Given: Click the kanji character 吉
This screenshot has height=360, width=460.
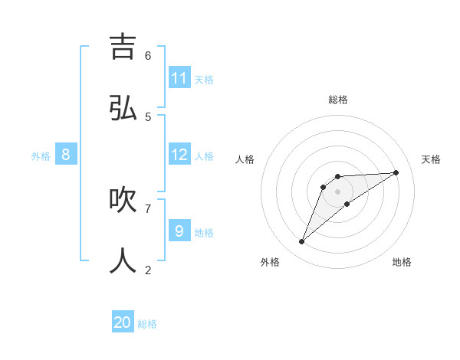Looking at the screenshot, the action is (x=123, y=47).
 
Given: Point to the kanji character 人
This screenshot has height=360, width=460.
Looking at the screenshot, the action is (x=123, y=260).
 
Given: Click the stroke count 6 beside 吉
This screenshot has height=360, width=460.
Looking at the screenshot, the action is (x=148, y=55).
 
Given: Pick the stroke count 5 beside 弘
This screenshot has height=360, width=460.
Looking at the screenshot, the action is (x=148, y=116).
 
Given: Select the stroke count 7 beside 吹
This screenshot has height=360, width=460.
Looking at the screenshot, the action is (x=148, y=208).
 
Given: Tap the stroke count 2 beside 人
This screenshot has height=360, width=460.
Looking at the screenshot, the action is (x=148, y=269).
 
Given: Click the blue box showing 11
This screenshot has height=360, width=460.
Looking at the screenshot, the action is (x=179, y=78).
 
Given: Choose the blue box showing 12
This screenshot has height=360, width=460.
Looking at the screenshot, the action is (x=179, y=155).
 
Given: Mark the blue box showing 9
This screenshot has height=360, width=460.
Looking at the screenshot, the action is (x=179, y=231).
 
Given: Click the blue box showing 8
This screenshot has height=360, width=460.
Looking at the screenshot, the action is (x=66, y=155).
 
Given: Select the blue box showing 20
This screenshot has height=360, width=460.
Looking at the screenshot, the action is (x=123, y=322).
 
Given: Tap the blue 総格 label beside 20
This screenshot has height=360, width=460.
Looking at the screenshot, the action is (x=147, y=324).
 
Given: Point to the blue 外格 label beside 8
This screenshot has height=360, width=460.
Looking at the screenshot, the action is (x=41, y=156).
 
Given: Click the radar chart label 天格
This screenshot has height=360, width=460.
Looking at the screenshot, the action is (x=431, y=159).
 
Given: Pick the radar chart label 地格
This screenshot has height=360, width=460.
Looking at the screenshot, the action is (x=402, y=262).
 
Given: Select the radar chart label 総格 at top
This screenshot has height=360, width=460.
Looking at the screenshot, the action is (x=338, y=100).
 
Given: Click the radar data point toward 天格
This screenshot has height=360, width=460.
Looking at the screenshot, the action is (x=396, y=172).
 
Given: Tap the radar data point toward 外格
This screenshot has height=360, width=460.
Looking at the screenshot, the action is (x=302, y=242).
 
